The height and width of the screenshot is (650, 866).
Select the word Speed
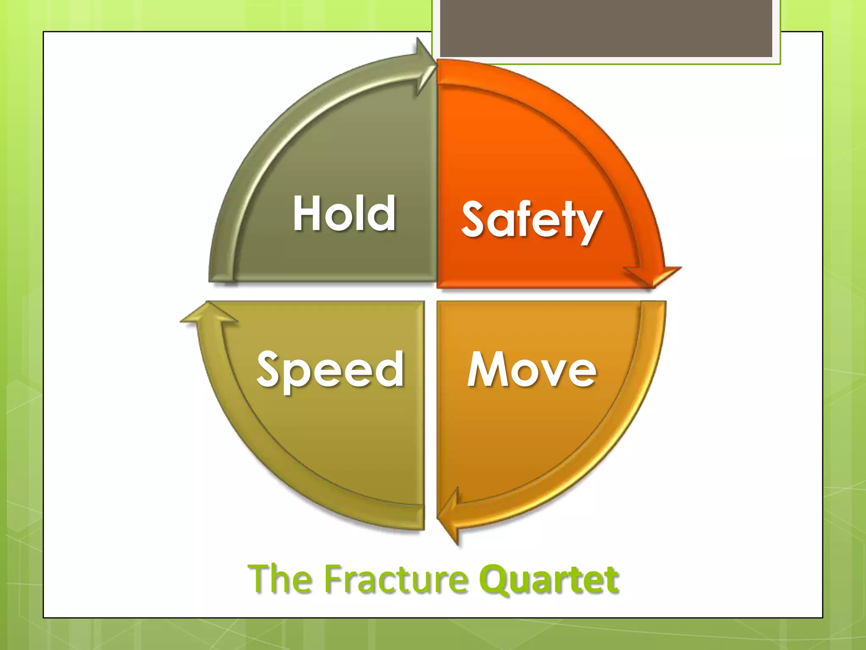point(330,370)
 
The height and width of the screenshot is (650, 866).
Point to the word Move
point(532,369)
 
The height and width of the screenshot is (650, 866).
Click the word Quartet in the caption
point(549,579)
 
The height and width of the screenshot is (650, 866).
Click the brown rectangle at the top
point(606,28)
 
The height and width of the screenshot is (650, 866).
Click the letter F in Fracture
point(334,578)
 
